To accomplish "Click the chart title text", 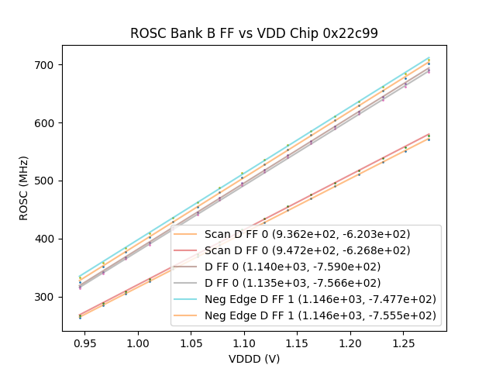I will pos(253,33).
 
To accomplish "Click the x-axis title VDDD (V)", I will pos(253,359).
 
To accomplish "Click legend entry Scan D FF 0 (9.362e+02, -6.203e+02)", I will pos(307,234).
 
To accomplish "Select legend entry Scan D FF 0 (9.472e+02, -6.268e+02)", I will pos(307,250).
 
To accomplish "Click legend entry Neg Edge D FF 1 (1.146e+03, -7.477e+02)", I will pos(320,299).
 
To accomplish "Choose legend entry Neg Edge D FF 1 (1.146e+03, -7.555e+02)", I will pos(320,315).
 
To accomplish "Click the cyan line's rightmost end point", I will pos(429,57).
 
